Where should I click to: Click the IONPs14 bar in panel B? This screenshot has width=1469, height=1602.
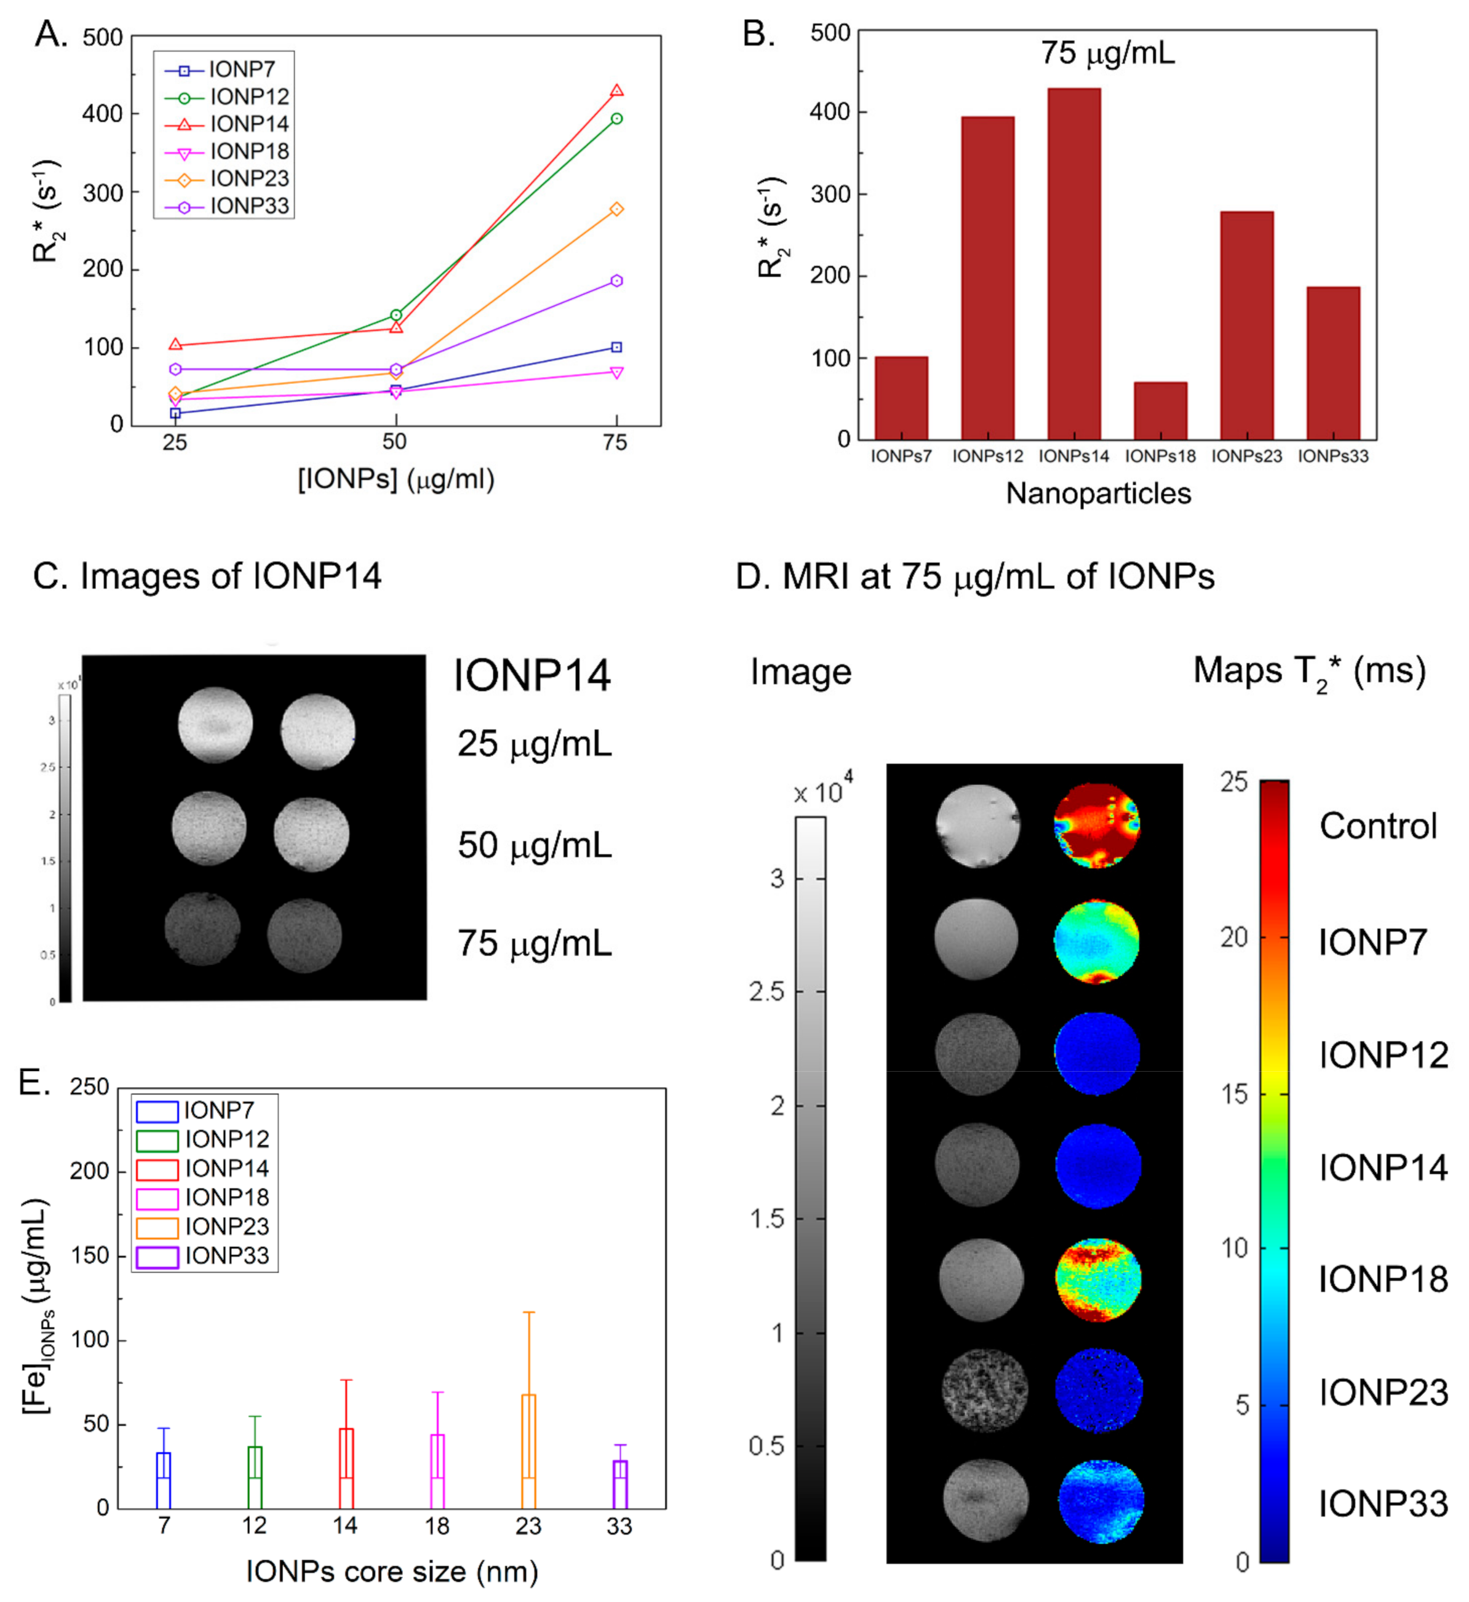pos(1074,262)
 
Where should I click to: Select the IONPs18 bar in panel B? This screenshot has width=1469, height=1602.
pos(1161,410)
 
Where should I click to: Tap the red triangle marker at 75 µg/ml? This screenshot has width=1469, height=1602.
pos(616,90)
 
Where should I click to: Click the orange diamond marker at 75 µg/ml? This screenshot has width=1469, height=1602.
pos(616,209)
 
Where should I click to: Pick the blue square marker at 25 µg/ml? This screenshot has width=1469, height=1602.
pos(175,413)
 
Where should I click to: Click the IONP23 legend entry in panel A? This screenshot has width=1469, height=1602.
pos(248,178)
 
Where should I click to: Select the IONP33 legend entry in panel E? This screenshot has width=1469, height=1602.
pos(226,1256)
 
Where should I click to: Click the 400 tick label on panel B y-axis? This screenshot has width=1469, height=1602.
pos(830,112)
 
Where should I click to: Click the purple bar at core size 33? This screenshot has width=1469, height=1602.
pos(620,1483)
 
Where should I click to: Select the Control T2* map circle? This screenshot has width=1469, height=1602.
pos(1097,825)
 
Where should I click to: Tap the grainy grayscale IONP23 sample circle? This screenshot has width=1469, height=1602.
pos(984,1392)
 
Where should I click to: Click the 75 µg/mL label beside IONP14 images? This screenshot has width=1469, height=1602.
pos(534,944)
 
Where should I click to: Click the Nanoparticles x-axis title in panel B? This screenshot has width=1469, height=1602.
pos(1098,494)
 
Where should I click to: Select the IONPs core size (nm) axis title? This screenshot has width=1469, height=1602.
pos(392,1572)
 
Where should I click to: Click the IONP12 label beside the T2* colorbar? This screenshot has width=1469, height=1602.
pos(1383,1055)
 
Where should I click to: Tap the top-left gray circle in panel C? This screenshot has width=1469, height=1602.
pos(215,725)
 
